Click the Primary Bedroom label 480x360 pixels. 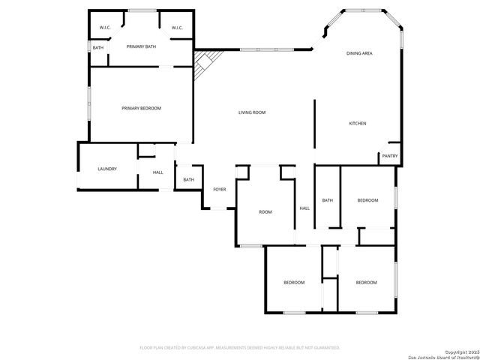coord(141,108)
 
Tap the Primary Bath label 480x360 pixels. coord(141,47)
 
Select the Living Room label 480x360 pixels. coord(252,112)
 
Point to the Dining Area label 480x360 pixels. coord(359,53)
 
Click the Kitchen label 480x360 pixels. coord(357,123)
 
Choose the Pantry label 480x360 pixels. coord(390,156)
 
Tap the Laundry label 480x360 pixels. coord(107,169)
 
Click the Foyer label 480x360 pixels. coord(219,189)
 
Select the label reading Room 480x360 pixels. coord(265,212)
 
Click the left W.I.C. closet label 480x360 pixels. coord(105,28)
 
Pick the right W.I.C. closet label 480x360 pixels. coord(177,28)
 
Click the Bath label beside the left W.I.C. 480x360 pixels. coord(98,48)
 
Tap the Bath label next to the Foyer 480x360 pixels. coord(188,179)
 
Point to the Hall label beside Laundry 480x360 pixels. coord(158,172)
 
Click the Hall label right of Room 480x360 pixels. coord(304,208)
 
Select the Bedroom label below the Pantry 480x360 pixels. coord(367,200)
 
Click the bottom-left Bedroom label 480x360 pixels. coord(294,282)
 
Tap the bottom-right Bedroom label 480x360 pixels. coord(366,282)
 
